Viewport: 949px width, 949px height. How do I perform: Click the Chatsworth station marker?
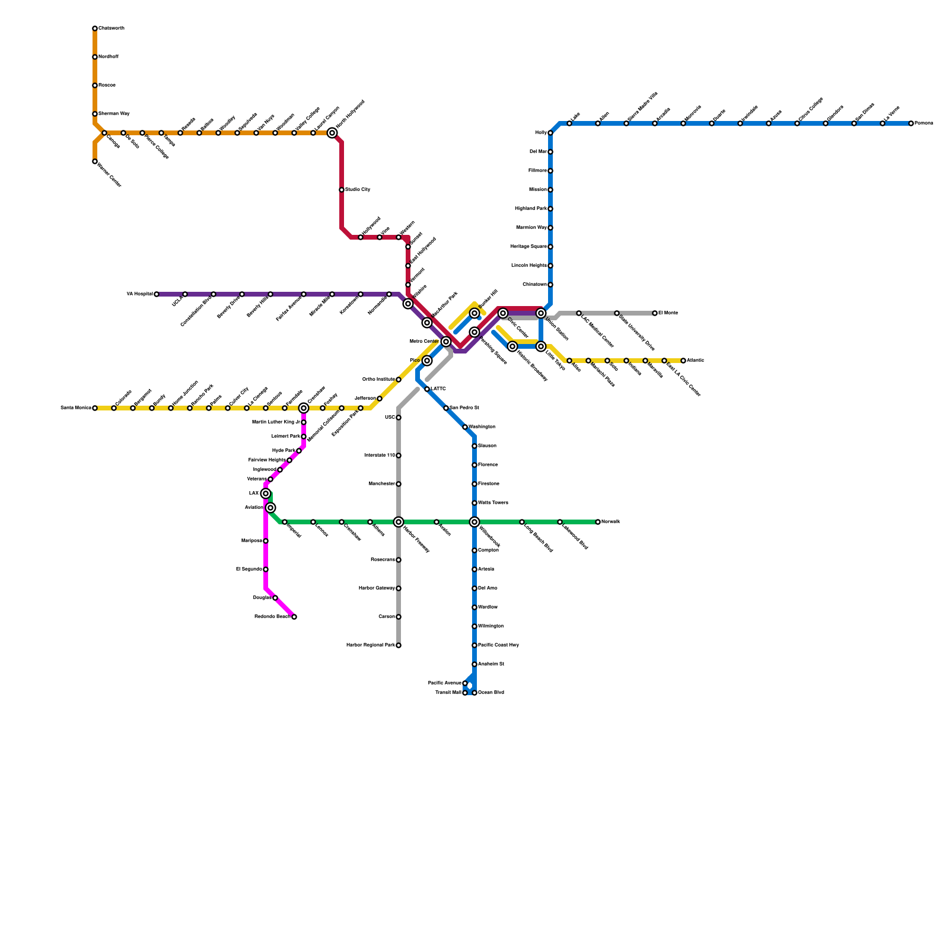(x=95, y=28)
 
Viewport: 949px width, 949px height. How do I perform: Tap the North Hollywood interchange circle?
(x=332, y=133)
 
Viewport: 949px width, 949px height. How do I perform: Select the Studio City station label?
(x=358, y=190)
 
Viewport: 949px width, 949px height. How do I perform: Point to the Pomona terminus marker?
(x=911, y=123)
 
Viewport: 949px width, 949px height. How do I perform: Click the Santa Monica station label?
(x=75, y=408)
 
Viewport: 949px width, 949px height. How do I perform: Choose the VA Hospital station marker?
(x=157, y=294)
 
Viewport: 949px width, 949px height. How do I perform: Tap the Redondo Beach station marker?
(x=294, y=617)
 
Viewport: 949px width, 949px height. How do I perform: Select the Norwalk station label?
(x=610, y=522)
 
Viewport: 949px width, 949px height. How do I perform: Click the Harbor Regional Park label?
(x=370, y=645)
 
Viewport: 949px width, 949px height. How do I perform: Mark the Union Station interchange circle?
(x=541, y=313)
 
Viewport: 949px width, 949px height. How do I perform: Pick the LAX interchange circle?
(x=266, y=493)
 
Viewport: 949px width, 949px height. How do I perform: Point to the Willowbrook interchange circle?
(x=474, y=522)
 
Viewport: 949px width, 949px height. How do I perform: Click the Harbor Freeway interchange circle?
(x=399, y=522)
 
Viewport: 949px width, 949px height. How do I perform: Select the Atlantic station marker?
(x=683, y=361)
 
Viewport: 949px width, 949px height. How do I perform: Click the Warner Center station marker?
(x=95, y=161)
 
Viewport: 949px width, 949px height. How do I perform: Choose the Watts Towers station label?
(x=493, y=503)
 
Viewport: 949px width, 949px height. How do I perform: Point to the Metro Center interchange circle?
(x=446, y=342)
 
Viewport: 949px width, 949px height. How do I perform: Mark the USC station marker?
(x=399, y=418)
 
